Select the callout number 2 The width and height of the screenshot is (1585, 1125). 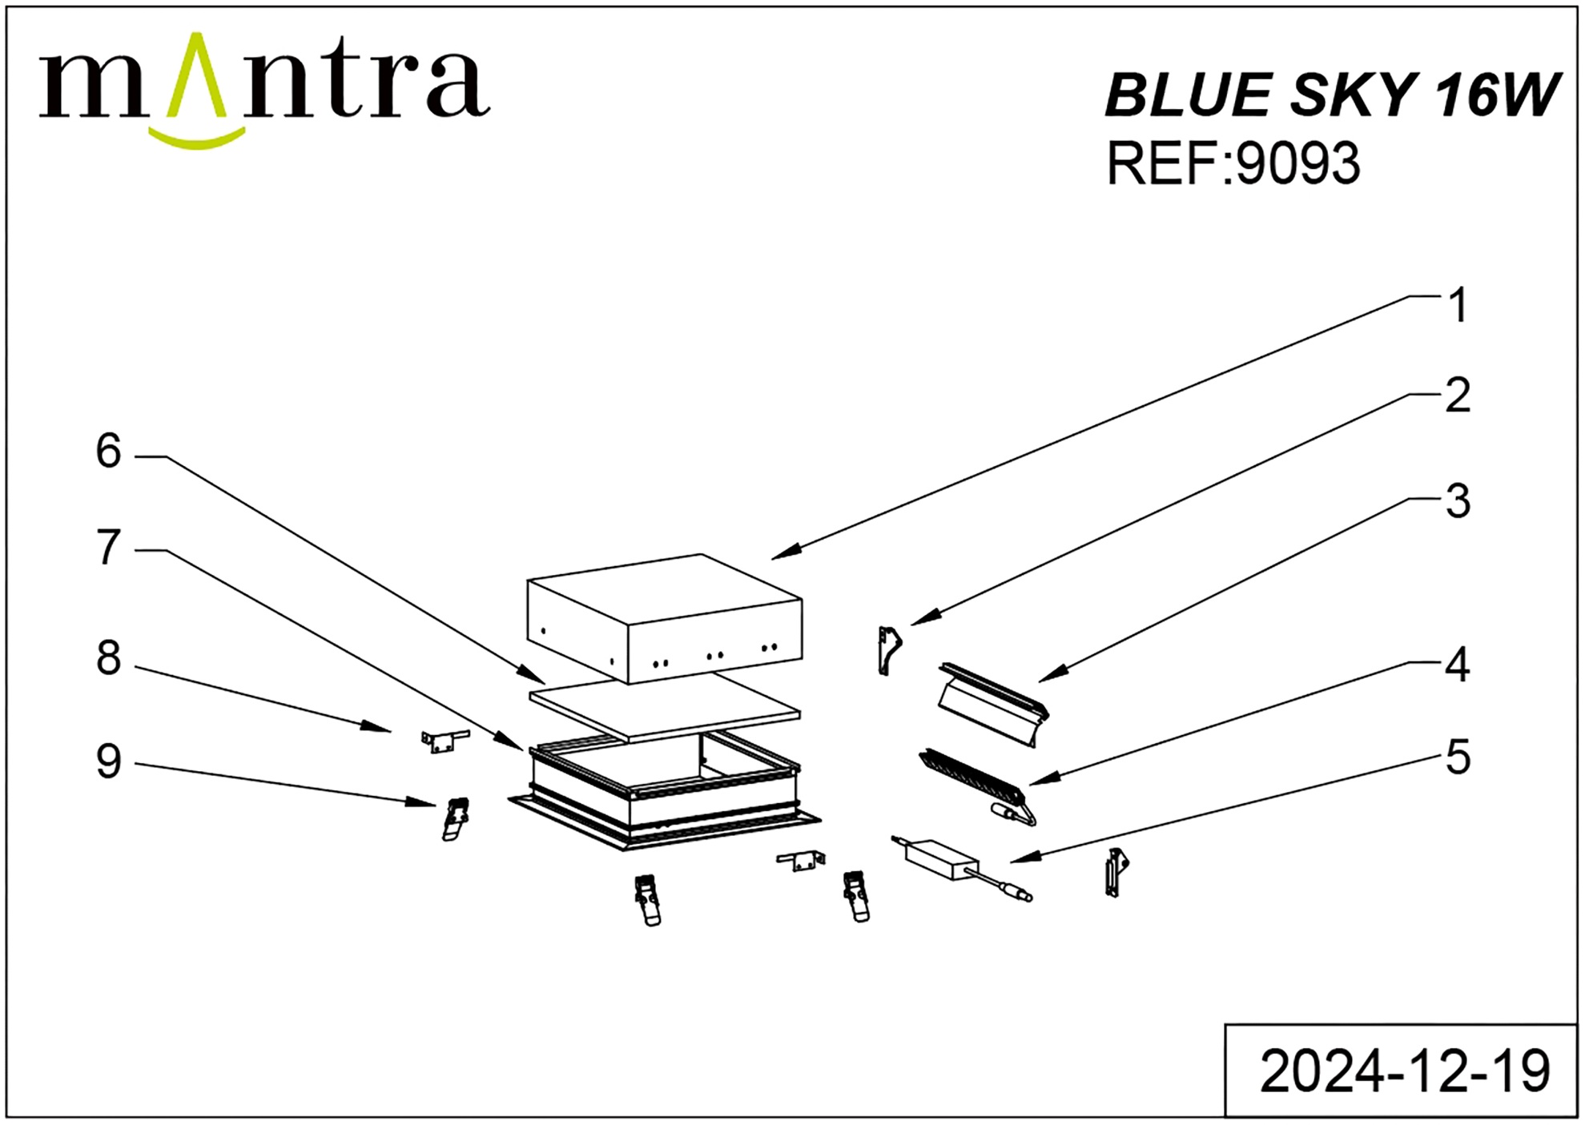coord(1458,396)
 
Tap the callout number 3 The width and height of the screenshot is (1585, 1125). coord(1458,502)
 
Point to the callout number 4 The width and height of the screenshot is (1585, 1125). coord(1457,665)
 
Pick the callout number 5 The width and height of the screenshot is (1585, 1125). coord(1458,757)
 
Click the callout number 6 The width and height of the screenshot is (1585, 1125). coord(109,451)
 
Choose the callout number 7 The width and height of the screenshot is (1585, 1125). coord(109,548)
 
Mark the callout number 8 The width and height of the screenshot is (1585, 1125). coord(109,658)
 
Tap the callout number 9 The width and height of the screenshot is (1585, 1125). coord(109,761)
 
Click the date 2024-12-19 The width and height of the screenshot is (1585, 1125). coord(1405,1071)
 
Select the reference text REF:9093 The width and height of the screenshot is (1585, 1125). coord(1233,163)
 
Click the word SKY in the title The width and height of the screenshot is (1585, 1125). coord(1354,94)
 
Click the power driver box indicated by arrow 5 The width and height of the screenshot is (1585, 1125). coord(942,859)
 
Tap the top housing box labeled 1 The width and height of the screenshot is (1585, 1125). coord(665,618)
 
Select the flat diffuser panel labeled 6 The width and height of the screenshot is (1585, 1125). coord(665,705)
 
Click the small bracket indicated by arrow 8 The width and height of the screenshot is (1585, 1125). coord(445,741)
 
